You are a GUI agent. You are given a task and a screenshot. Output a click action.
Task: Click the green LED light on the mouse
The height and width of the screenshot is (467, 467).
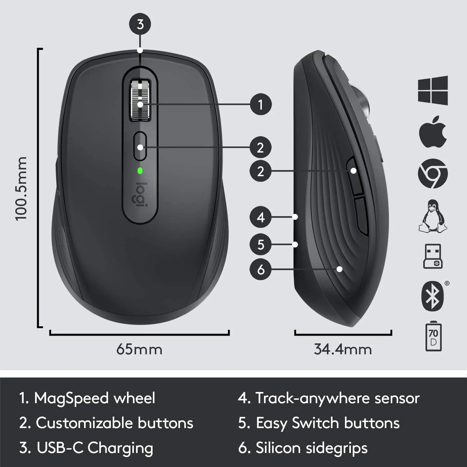pos(140,171)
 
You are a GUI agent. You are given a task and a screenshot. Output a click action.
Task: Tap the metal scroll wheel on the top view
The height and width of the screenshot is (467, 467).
pos(140,100)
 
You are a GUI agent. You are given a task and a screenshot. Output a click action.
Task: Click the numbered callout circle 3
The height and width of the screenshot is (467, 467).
pos(140,24)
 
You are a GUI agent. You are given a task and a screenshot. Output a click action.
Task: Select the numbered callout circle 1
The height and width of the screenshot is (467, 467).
pos(261,104)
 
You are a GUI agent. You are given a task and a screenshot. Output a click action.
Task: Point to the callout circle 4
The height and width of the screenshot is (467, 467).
pos(261,217)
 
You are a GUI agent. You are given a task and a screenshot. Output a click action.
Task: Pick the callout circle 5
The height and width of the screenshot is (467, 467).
pos(261,244)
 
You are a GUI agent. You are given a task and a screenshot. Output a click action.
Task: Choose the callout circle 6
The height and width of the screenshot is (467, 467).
pos(261,269)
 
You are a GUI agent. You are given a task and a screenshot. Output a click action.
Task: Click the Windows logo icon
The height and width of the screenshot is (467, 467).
pos(433,90)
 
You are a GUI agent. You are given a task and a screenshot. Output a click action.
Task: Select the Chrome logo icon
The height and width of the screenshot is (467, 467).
pos(433,173)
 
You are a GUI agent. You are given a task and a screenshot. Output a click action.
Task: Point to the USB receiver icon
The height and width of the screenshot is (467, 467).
pos(433,256)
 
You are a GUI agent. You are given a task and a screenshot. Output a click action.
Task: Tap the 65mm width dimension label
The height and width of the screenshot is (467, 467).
pos(139,349)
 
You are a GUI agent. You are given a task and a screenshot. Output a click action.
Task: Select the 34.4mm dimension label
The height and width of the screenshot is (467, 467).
pos(343,349)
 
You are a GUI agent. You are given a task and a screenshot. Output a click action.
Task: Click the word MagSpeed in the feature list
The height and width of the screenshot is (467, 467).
pos(72,398)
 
